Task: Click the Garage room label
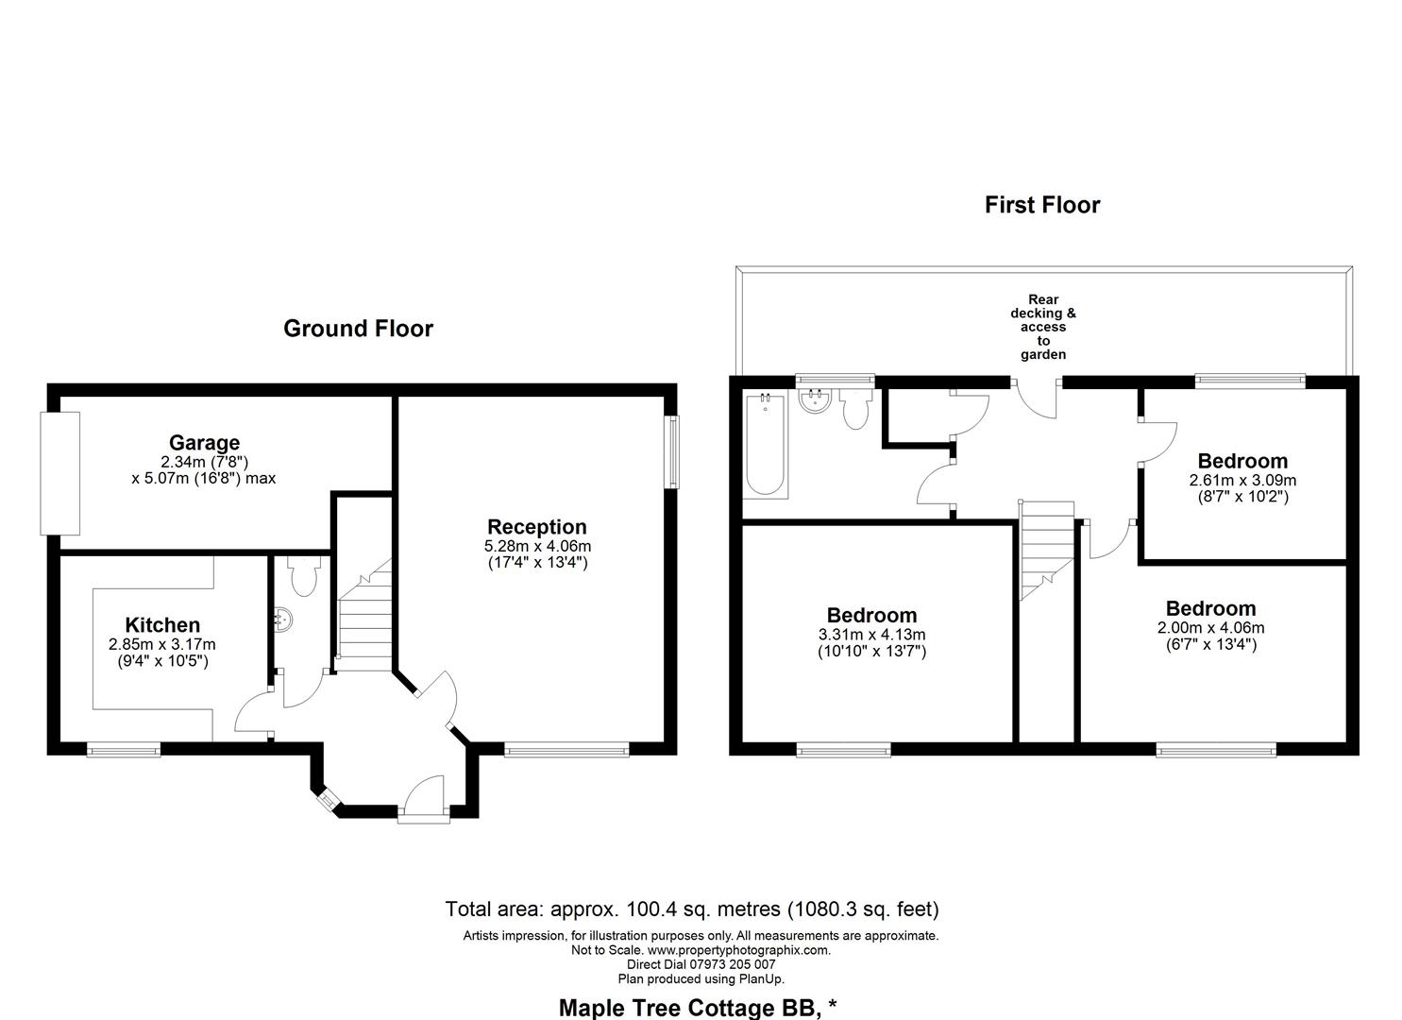click(204, 442)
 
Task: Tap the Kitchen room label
click(162, 625)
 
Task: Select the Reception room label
click(536, 527)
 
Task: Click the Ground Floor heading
click(358, 329)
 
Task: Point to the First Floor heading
click(1042, 205)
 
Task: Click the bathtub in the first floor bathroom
click(765, 446)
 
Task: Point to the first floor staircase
click(1046, 548)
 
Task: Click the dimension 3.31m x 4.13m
click(871, 635)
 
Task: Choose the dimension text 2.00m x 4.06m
click(1210, 628)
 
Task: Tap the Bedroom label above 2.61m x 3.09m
click(1242, 461)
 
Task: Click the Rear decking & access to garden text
click(1042, 327)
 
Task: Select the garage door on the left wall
click(59, 472)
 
